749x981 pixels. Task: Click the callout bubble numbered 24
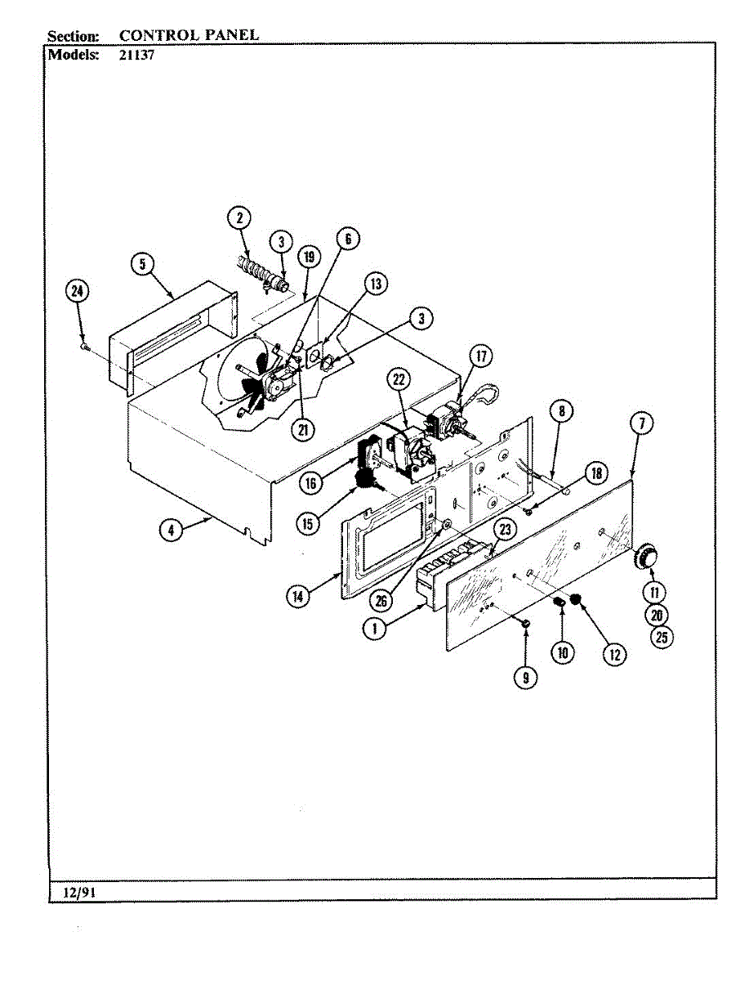(78, 292)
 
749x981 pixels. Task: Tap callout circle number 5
(142, 264)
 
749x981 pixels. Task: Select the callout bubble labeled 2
(239, 217)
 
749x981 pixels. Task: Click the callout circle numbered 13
(375, 284)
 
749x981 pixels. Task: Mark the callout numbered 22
(399, 379)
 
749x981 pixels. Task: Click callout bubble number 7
(642, 423)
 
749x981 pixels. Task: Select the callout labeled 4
(170, 530)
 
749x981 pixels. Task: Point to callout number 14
(299, 597)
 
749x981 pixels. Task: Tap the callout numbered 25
(660, 638)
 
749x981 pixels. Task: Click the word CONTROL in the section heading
(158, 35)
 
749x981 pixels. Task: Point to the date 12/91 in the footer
(79, 893)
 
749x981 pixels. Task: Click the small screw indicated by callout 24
(85, 347)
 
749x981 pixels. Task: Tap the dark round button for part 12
(576, 602)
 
